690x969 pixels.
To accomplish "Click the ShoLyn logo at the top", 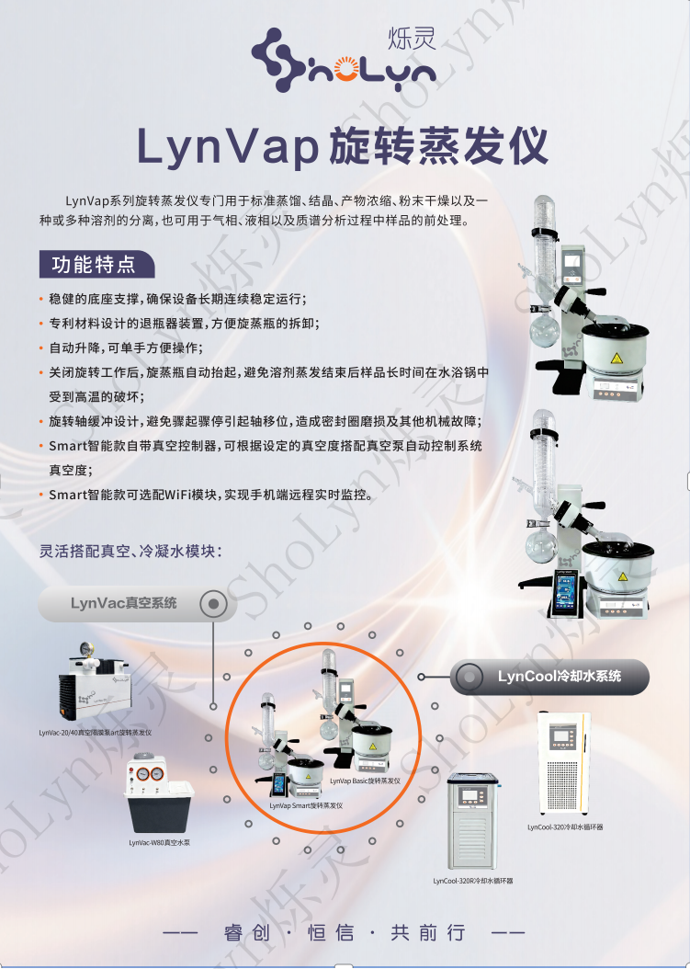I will click(x=344, y=56).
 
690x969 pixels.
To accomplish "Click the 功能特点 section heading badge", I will click(x=94, y=265).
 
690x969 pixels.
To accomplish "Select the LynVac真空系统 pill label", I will click(x=123, y=604).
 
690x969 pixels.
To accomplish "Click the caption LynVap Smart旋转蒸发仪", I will click(x=305, y=805).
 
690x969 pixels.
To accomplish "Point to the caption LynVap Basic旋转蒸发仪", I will click(x=365, y=780).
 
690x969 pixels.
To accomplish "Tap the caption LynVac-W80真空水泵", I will click(x=159, y=842).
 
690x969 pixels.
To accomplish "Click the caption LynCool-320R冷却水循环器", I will click(x=473, y=881).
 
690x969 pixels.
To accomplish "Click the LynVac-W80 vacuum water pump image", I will click(x=159, y=792).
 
